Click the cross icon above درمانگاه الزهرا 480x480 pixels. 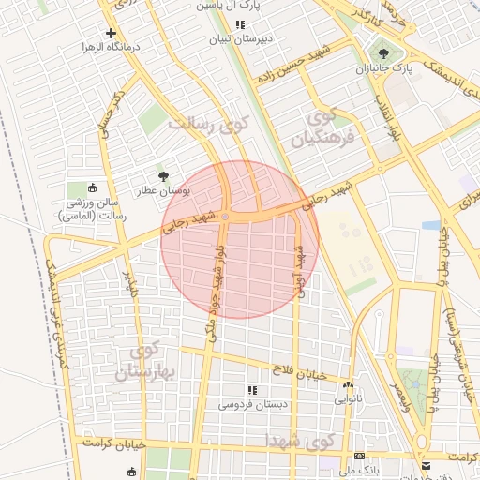pyautogui.click(x=112, y=33)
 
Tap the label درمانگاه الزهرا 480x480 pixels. pyautogui.click(x=112, y=47)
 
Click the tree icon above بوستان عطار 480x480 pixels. pyautogui.click(x=164, y=175)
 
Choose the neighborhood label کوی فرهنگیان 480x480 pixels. pyautogui.click(x=321, y=129)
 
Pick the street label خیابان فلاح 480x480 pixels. pyautogui.click(x=299, y=372)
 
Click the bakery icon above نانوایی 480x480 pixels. pyautogui.click(x=349, y=385)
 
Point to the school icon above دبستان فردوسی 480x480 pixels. pyautogui.click(x=251, y=389)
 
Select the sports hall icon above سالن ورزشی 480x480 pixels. pyautogui.click(x=92, y=188)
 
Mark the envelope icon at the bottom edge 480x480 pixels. pyautogui.click(x=427, y=466)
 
